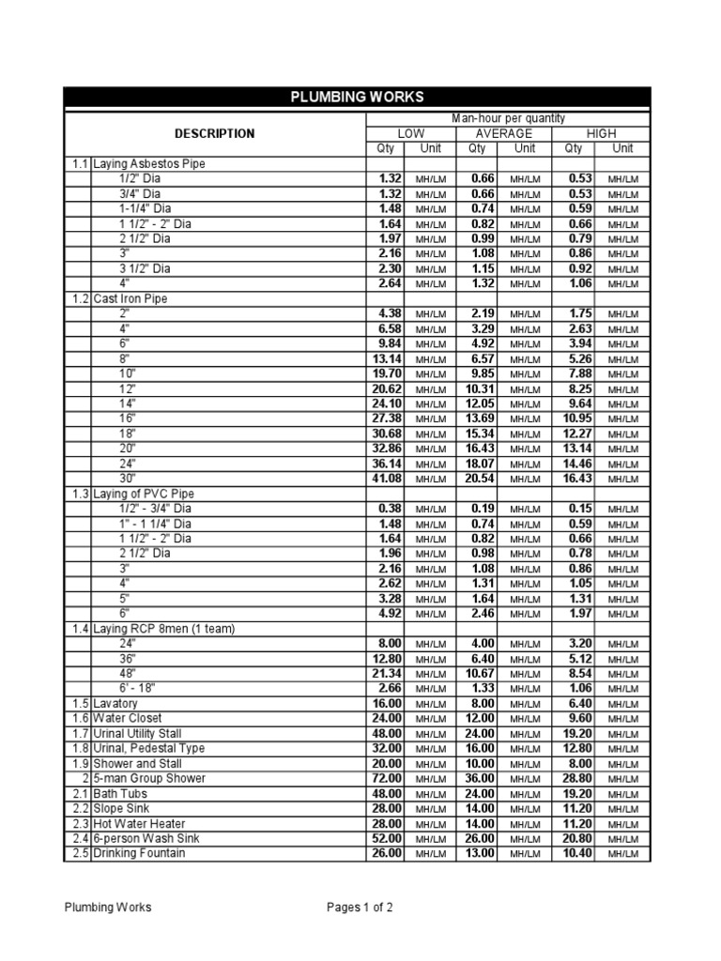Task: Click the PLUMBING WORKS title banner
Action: point(356,97)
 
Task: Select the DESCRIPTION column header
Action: point(214,133)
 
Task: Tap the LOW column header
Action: point(410,134)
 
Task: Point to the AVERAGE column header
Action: point(503,134)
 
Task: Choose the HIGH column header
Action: point(601,134)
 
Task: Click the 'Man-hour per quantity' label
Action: point(507,119)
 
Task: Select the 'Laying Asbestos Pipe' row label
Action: point(148,163)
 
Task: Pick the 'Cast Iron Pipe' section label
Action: point(130,298)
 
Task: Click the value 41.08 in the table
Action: point(387,479)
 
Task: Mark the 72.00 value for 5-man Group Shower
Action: point(387,779)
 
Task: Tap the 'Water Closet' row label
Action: point(130,719)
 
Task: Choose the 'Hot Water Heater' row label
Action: point(138,824)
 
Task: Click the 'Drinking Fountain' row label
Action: point(139,854)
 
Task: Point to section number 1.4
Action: point(78,629)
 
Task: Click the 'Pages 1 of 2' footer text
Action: point(360,908)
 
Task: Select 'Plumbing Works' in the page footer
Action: point(108,908)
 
